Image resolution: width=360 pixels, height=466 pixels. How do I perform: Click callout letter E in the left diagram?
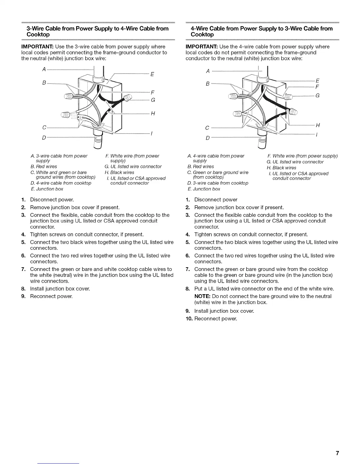coord(152,74)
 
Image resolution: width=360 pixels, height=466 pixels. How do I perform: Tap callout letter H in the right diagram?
coord(318,125)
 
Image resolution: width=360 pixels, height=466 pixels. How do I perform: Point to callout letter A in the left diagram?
coord(44,69)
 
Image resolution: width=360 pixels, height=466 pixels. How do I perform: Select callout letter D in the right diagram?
coord(207,138)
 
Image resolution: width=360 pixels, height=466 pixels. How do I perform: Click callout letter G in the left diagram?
coord(153,100)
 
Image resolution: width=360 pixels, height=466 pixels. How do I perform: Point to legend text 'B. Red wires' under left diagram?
coord(44,167)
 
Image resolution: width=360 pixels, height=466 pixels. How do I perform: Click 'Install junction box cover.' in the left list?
coord(60,289)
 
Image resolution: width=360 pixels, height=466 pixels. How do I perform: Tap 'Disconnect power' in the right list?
coord(216,200)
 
